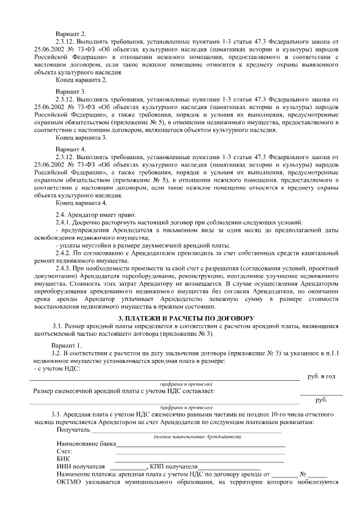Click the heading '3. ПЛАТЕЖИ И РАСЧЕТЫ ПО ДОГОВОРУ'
tap(180, 319)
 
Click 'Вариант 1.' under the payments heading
tap(67, 345)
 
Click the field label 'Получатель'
tap(73, 430)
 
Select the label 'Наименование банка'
tap(83, 444)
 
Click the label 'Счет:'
tap(65, 452)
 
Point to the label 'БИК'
tap(63, 459)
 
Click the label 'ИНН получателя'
tap(81, 466)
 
